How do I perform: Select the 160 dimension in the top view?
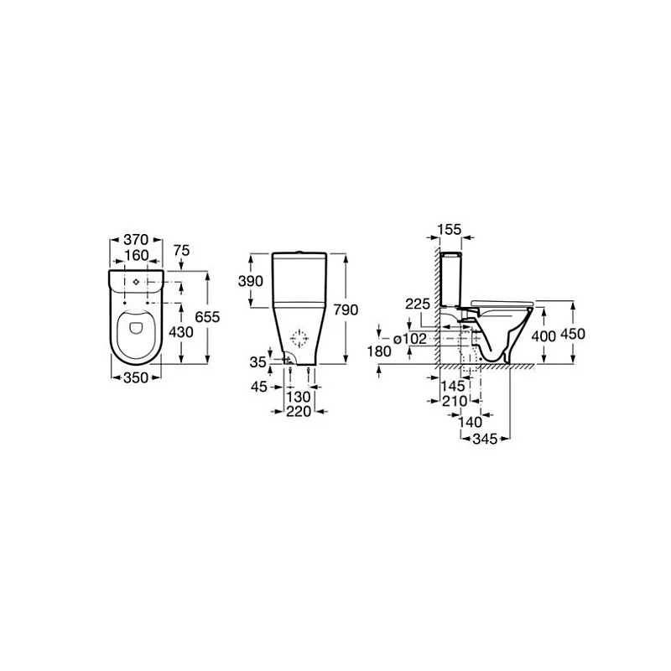click(137, 255)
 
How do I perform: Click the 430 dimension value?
click(180, 332)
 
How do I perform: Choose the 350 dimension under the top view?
click(137, 377)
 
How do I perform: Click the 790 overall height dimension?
click(346, 309)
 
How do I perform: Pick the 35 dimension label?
click(257, 362)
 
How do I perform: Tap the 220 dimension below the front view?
click(298, 412)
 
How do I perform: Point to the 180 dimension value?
click(380, 351)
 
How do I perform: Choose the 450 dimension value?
click(573, 334)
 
